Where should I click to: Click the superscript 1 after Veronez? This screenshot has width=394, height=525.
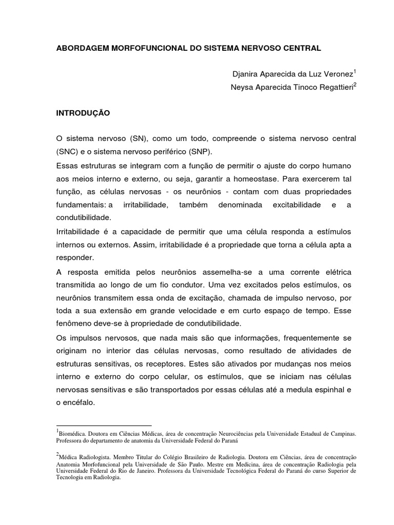coord(355,71)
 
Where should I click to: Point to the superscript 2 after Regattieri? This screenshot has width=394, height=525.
coord(355,84)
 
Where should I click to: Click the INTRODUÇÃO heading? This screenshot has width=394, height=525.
coord(83,112)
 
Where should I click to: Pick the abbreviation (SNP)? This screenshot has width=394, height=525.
coord(199,152)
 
